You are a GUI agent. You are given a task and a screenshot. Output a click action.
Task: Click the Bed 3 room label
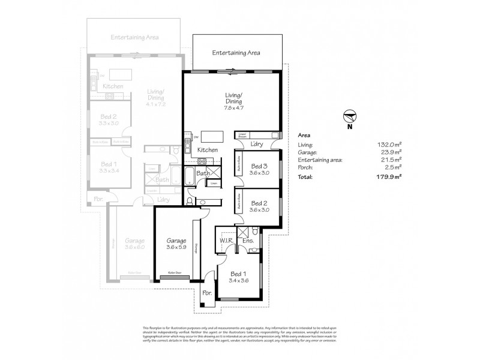click(x=259, y=166)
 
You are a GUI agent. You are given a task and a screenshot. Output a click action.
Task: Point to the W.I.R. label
click(x=226, y=242)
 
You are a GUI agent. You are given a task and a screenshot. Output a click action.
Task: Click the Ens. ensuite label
click(x=248, y=242)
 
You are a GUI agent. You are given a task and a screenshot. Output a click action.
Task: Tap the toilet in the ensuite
click(x=256, y=230)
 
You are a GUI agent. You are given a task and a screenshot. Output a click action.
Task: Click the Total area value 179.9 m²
click(x=389, y=178)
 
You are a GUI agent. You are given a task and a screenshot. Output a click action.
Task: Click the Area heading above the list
click(x=304, y=136)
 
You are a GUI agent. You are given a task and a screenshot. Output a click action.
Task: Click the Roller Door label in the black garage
click(x=175, y=273)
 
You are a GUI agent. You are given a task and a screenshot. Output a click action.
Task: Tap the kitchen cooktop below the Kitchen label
click(x=202, y=160)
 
